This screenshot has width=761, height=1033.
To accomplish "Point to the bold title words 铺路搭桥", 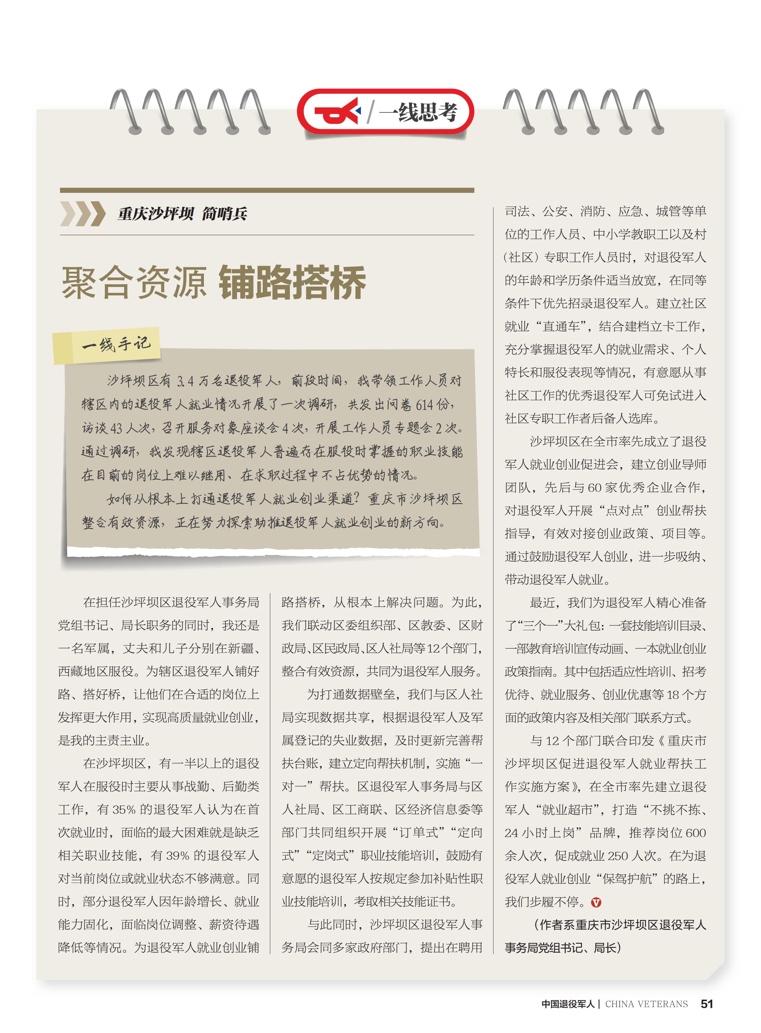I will [292, 282].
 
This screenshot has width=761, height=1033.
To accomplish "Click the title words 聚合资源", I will [134, 282].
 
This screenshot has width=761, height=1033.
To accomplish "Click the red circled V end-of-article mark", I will [596, 903].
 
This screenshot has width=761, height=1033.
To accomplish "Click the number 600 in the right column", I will [695, 833].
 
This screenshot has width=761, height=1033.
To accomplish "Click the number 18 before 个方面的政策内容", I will [672, 695].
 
